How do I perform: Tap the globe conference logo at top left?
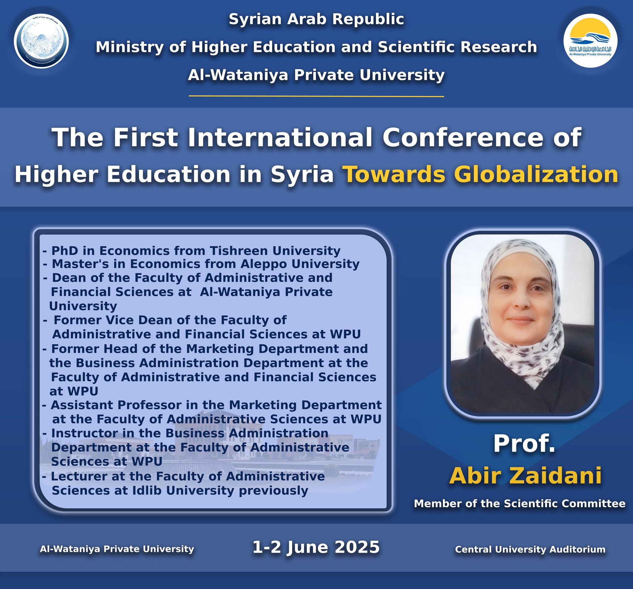point(41,41)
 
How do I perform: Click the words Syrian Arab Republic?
point(316,19)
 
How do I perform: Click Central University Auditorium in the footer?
point(530,549)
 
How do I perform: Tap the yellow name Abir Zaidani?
point(525,476)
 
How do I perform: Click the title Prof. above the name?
point(524,444)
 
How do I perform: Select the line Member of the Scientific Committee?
point(520,503)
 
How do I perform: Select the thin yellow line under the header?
point(316,96)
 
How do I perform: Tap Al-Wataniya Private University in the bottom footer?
point(117,549)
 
